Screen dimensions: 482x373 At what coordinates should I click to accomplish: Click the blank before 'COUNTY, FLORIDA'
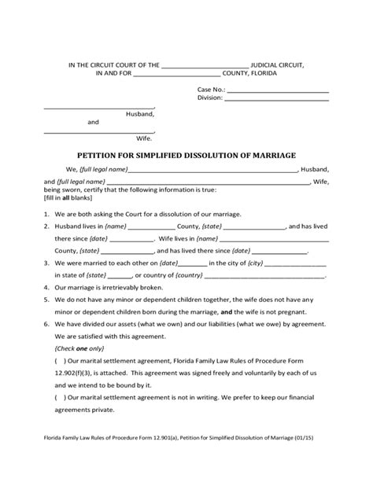point(179,75)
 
